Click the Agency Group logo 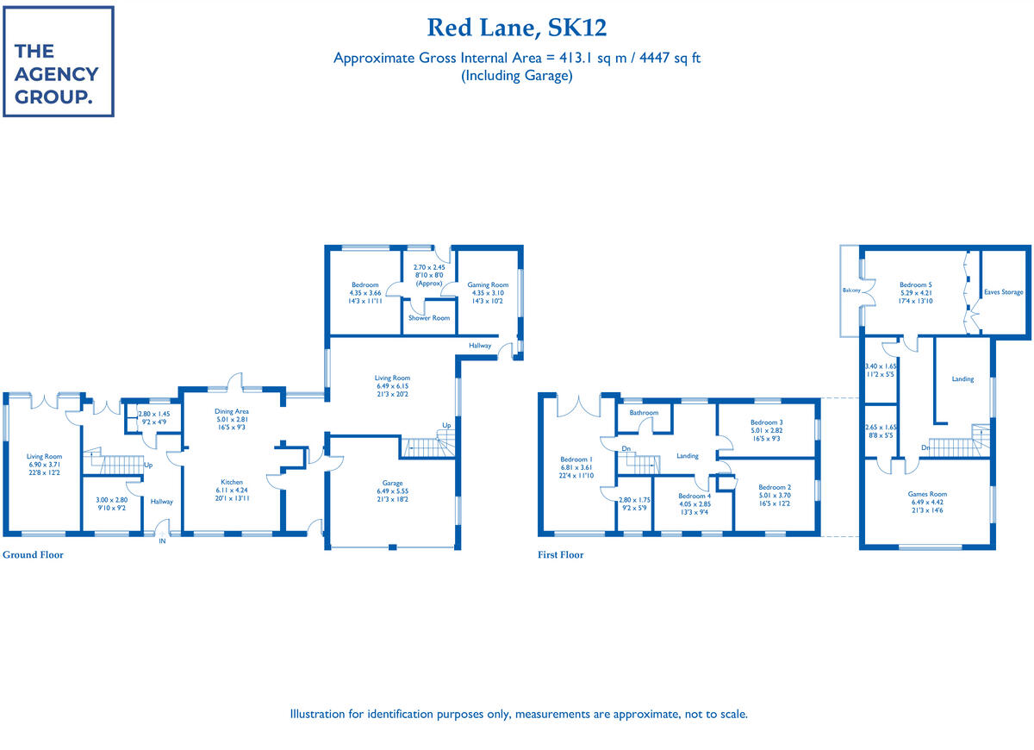58,61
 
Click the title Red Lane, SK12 517,28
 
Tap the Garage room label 392,484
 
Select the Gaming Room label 488,284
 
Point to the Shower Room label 429,318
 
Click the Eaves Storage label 1004,292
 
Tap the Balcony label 851,291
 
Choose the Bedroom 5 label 916,284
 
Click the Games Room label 927,495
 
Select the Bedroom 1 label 577,459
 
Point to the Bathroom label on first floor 644,413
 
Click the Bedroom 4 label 694,497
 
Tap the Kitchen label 231,482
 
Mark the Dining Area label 231,412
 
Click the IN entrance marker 161,541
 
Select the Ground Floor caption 33,555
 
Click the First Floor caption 560,555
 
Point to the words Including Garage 517,76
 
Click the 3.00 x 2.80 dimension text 110,500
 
